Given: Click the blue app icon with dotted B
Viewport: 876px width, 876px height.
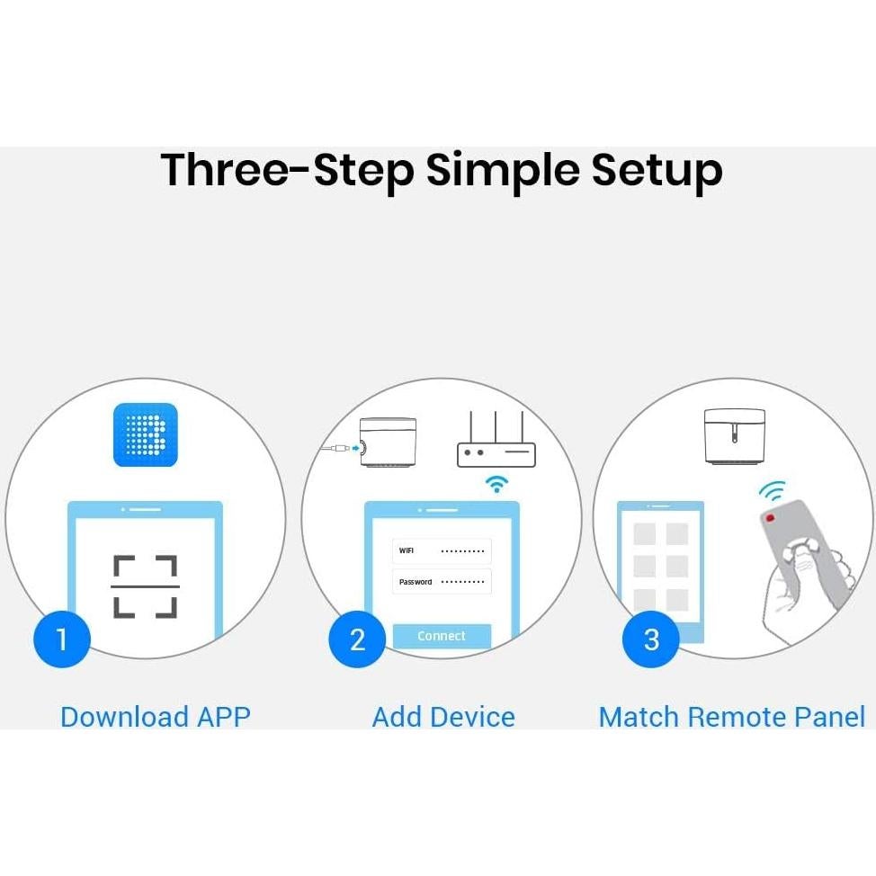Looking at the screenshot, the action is click(146, 434).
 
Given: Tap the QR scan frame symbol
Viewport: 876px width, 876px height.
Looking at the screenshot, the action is click(146, 587).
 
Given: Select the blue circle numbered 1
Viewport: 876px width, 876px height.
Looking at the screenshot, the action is click(61, 639).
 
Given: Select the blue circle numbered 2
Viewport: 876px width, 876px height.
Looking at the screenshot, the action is click(358, 639).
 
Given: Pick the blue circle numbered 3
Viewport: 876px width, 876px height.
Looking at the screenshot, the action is click(651, 639).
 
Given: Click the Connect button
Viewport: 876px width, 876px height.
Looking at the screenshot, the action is click(442, 636).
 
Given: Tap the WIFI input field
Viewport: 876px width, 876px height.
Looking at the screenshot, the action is click(442, 550).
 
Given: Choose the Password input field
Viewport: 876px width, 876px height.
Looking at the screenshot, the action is click(442, 582).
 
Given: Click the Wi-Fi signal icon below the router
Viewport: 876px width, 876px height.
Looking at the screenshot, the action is click(496, 484).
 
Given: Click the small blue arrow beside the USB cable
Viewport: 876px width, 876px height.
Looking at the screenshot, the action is click(355, 448).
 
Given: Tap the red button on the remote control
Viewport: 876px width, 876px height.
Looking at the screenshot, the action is click(770, 518).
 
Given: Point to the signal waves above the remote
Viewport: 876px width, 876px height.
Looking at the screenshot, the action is click(773, 490).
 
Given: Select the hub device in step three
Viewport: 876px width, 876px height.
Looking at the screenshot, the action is click(734, 436).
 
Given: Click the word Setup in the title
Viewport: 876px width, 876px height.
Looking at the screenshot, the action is click(657, 171).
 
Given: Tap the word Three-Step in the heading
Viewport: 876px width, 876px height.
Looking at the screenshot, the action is click(287, 171).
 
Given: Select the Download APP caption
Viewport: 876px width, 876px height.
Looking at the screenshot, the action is click(156, 717).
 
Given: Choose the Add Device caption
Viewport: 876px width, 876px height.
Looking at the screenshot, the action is click(443, 717).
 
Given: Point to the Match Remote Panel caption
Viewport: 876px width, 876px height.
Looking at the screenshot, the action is click(732, 717).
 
